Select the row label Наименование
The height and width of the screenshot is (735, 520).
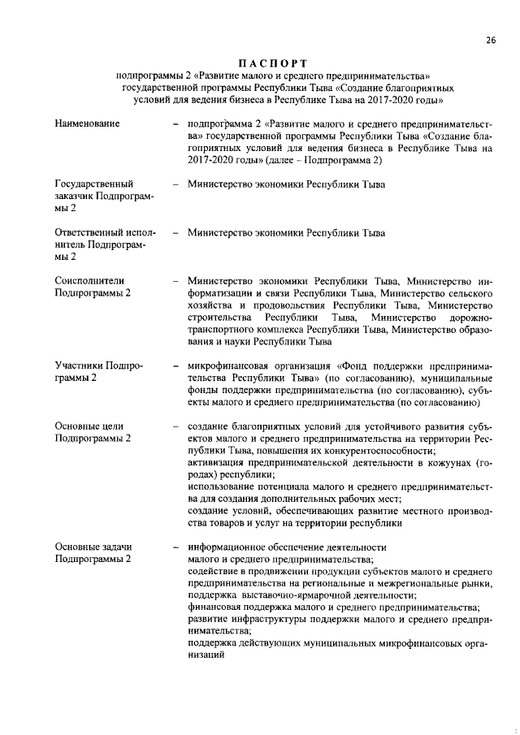tap(87, 123)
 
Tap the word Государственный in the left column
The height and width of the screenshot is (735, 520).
tap(94, 184)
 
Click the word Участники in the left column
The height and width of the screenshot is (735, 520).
tap(78, 365)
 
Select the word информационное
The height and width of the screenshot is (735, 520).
tap(230, 547)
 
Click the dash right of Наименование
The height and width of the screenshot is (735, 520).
tap(175, 124)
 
